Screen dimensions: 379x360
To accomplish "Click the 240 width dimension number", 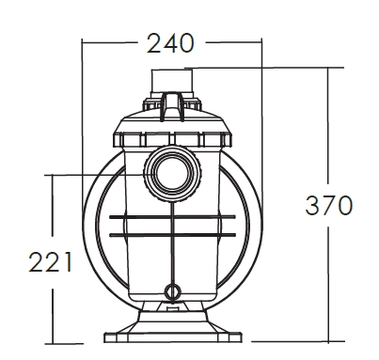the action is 170,42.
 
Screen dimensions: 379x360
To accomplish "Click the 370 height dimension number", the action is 328,205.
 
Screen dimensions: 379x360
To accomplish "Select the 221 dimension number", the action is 51,261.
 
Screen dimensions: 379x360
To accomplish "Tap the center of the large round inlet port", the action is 172,174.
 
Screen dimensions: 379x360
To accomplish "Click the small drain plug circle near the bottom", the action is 173,291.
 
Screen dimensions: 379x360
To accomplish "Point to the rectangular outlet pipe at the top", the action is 172,81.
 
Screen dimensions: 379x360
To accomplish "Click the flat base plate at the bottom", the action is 173,337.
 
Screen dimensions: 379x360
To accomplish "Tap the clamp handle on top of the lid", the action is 171,106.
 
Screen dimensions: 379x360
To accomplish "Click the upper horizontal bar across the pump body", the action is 172,217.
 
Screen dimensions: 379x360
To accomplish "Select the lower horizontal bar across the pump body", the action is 172,235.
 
